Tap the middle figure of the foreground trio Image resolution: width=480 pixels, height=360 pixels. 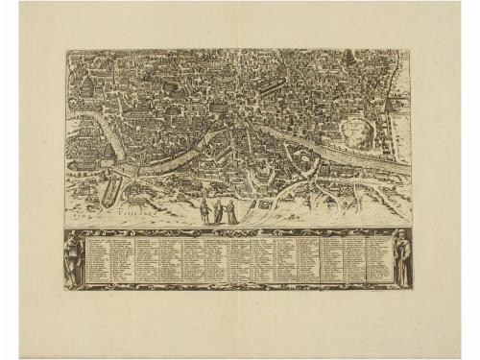click(x=217, y=212)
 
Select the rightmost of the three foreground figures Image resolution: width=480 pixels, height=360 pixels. click(x=231, y=212)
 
